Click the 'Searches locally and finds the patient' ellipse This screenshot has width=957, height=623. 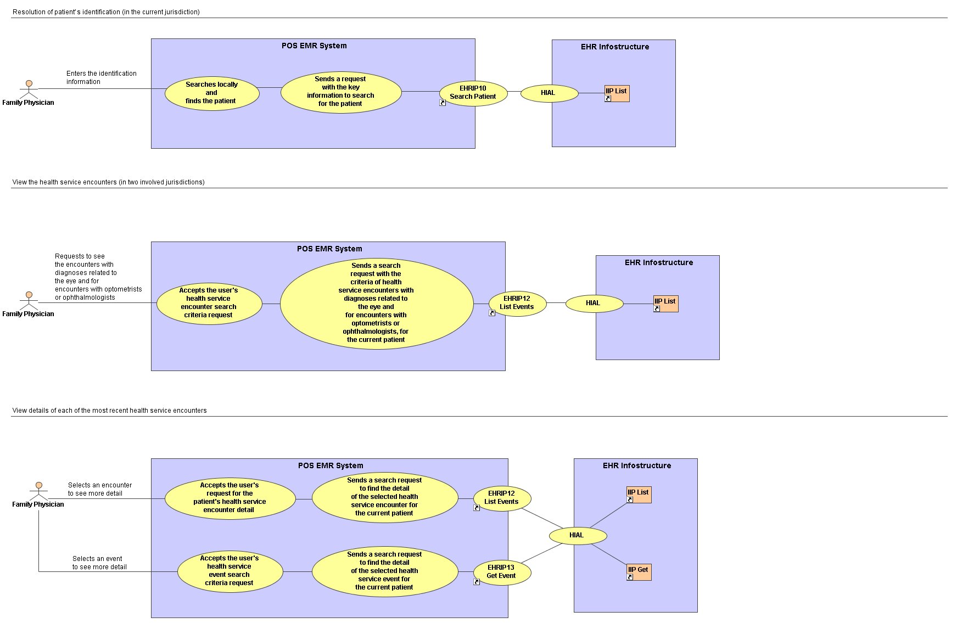212,93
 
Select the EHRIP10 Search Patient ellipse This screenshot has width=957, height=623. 473,92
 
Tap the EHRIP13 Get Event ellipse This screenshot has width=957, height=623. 502,572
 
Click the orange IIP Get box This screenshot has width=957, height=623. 639,572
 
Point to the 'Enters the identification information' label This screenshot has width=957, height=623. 102,77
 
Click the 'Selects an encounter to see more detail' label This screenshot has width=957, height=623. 100,489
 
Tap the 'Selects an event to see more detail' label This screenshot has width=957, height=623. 99,563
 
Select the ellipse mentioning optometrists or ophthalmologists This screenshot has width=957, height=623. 377,304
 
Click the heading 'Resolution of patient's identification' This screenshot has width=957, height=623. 106,12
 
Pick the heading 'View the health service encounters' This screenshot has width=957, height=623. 108,182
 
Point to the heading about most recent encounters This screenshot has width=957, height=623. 109,410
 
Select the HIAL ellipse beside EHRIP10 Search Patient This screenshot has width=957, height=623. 549,93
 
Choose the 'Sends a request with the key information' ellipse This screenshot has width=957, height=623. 341,92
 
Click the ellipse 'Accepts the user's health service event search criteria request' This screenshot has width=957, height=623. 230,571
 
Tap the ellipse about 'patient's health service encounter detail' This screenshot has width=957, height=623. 230,498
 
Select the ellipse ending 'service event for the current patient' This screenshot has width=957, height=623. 385,571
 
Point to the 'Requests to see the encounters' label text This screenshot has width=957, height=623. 98,277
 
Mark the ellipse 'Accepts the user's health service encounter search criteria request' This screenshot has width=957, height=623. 209,303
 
